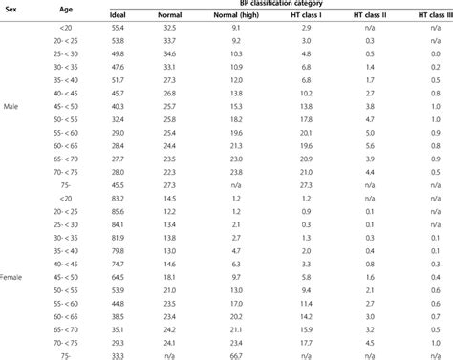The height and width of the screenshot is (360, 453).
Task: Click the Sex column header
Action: (14, 9)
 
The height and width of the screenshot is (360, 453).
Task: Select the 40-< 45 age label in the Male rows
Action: (64, 94)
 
